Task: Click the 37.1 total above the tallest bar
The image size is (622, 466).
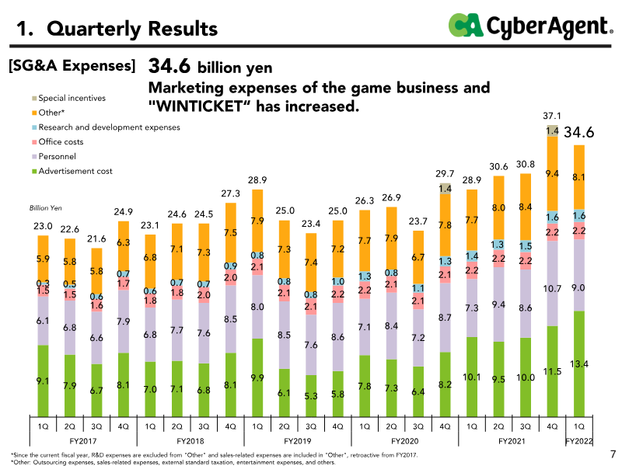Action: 552,116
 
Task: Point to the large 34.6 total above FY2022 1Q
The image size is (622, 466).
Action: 579,133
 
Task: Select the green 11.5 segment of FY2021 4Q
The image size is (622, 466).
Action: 553,371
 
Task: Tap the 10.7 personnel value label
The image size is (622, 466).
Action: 553,288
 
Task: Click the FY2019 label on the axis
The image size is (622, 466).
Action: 298,440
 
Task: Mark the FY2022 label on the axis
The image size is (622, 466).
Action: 579,440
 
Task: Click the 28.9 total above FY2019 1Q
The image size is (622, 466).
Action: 257,180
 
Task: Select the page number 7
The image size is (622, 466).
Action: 612,454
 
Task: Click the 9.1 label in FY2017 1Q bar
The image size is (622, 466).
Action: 43,381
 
